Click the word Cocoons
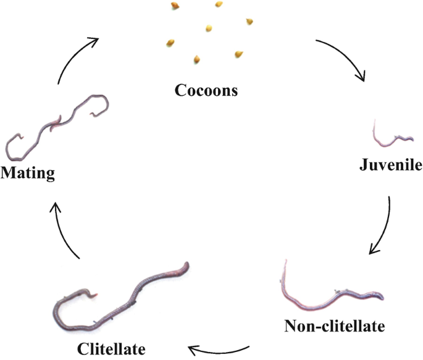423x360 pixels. pos(206,91)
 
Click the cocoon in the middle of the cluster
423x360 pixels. pos(209,28)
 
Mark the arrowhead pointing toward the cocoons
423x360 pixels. pos(94,41)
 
